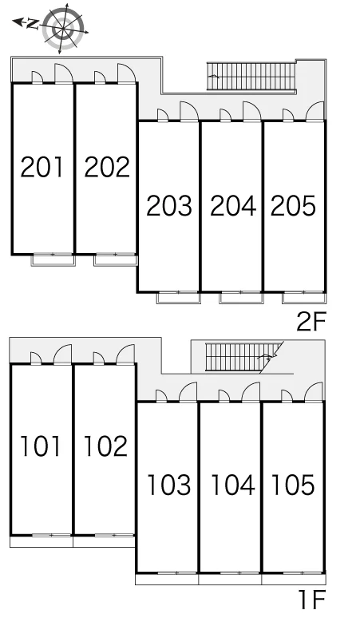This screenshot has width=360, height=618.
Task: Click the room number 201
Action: point(42,167)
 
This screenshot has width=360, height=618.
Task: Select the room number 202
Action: point(107,167)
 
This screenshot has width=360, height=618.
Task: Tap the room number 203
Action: point(169,206)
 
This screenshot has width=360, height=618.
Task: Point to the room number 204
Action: point(233,206)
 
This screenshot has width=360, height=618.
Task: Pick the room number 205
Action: point(293,206)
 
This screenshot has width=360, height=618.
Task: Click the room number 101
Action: point(41,446)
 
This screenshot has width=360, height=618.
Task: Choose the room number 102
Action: point(105,446)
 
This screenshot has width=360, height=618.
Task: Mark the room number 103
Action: point(168,485)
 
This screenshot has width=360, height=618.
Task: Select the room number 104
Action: point(233,485)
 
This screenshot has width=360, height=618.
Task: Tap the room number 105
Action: point(293,485)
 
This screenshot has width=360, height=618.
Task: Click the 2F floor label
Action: point(311,322)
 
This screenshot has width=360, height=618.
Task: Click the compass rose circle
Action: point(63,27)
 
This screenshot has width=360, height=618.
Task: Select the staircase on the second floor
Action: point(251,77)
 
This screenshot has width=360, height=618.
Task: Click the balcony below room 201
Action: point(53,259)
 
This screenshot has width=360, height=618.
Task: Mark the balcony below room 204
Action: point(241,298)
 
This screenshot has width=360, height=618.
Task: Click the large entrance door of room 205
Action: point(315,111)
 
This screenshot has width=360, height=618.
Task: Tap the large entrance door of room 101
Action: point(63,355)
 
